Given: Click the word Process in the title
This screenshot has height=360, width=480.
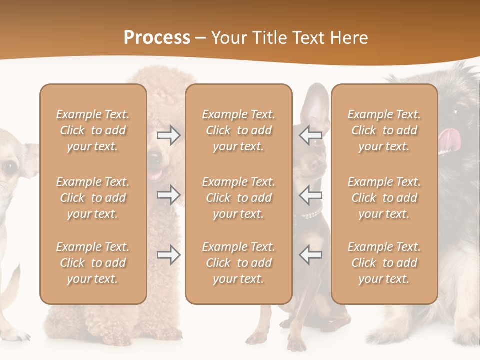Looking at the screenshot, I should click(x=157, y=38).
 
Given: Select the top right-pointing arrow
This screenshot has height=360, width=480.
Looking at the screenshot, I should click(x=169, y=135).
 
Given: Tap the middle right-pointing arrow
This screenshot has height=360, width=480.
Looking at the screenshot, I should click(x=169, y=195).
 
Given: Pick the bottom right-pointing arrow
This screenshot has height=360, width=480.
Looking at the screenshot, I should click(x=169, y=255).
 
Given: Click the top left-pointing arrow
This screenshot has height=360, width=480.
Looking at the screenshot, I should click(x=310, y=135).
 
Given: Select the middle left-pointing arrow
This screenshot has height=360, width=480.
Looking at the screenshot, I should click(x=310, y=195).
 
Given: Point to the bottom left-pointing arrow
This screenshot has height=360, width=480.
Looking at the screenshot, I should click(x=310, y=255).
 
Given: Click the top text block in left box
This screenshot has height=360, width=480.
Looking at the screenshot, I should click(x=93, y=130).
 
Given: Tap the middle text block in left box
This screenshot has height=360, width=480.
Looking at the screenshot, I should click(x=93, y=198).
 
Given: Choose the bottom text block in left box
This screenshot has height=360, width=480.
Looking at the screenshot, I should click(x=93, y=263).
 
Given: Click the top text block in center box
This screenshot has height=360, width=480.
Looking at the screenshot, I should click(x=238, y=130).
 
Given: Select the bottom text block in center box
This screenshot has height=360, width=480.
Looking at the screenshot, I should click(x=238, y=263).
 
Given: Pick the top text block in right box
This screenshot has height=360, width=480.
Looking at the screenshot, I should click(x=384, y=130).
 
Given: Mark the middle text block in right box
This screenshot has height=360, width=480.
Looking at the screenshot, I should click(x=384, y=198).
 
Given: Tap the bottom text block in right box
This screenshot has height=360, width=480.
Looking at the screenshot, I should click(x=384, y=263).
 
